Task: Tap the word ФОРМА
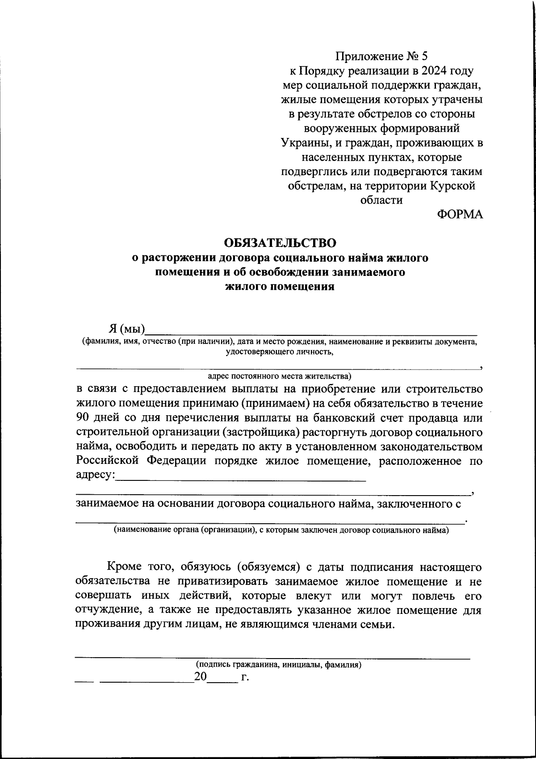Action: (x=460, y=215)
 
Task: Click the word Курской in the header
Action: (x=453, y=186)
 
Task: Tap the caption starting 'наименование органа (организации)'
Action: (x=281, y=530)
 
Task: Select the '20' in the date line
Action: (x=201, y=677)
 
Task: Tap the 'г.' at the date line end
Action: (x=244, y=677)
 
